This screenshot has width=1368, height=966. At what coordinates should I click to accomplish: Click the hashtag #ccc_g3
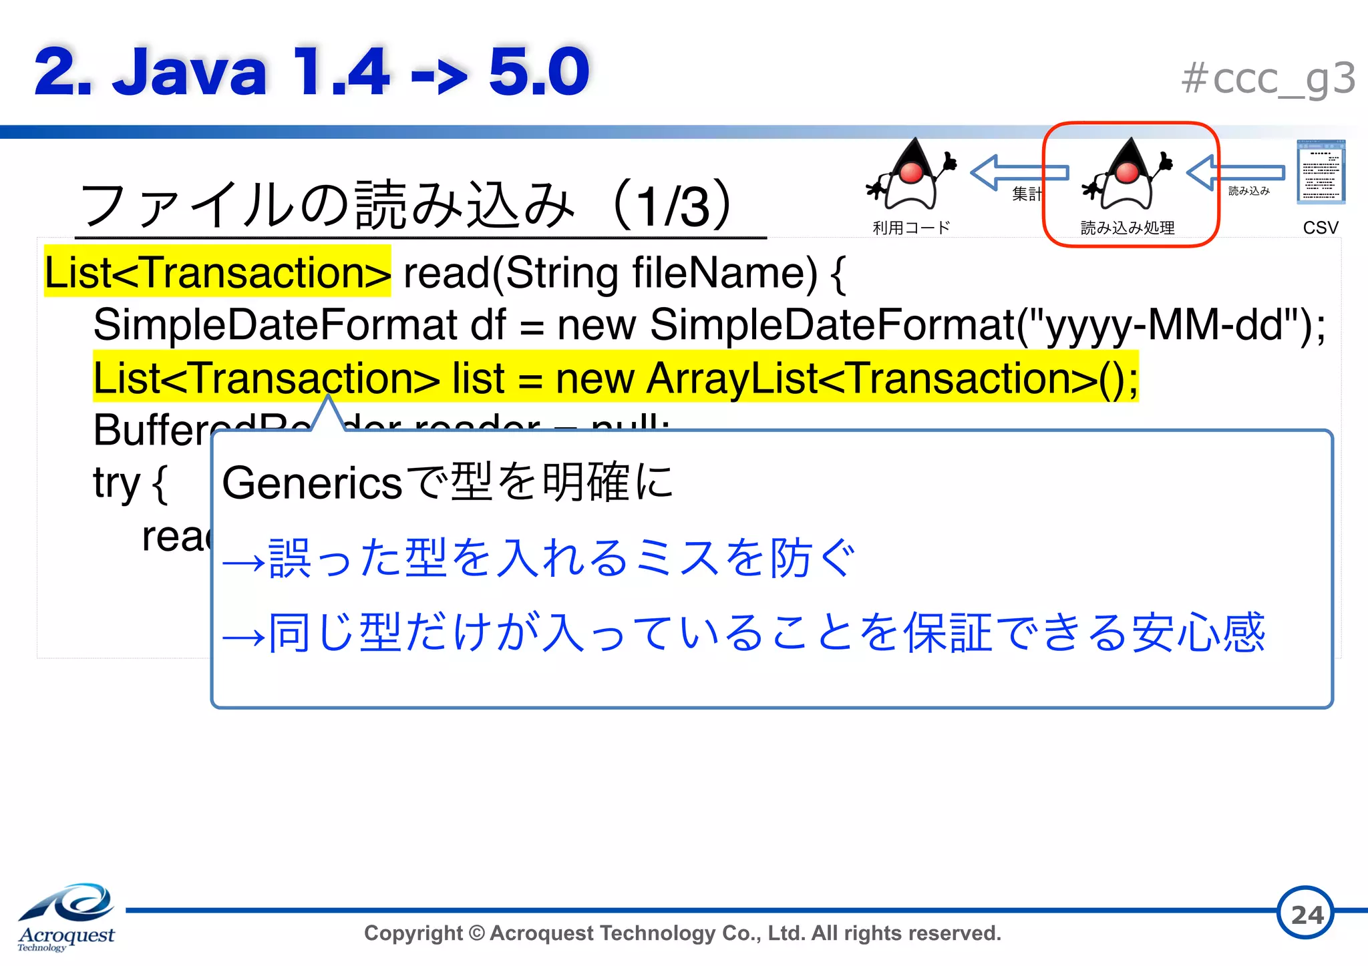1268,79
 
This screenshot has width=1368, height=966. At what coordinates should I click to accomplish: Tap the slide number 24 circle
1306,913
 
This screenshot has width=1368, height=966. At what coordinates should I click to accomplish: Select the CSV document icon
1321,172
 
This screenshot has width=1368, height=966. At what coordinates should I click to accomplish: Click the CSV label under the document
1321,228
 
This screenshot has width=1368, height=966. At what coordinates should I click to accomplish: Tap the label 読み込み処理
1128,228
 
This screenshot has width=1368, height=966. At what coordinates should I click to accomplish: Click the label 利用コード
911,228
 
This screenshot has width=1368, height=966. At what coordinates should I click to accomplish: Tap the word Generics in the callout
312,483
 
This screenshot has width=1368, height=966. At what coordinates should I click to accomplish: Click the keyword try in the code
117,483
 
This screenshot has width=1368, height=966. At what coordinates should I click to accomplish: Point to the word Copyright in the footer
413,933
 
